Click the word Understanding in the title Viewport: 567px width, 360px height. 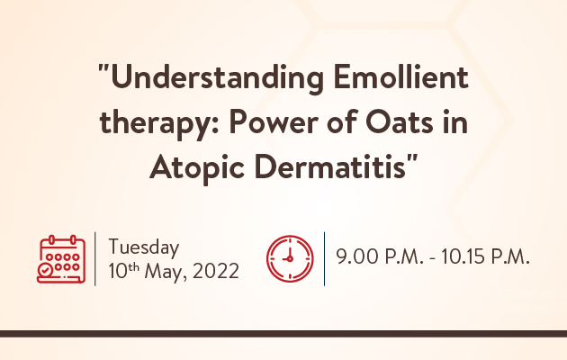pos(217,79)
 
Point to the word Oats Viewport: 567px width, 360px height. pos(400,122)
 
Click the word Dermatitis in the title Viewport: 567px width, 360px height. pos(330,166)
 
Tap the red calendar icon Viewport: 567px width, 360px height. pos(61,259)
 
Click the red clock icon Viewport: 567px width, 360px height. pos(290,259)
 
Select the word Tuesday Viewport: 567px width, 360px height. pos(144,247)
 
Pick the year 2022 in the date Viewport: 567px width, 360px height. pos(215,271)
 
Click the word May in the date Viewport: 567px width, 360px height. pos(166,272)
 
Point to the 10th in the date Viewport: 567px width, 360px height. pos(123,271)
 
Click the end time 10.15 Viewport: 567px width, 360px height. pos(463,256)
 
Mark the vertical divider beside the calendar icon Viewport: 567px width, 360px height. pos(95,259)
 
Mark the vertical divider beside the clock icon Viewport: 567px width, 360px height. pos(324,259)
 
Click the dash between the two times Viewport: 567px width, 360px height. pos(433,258)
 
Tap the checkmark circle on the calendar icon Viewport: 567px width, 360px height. pos(45,270)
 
